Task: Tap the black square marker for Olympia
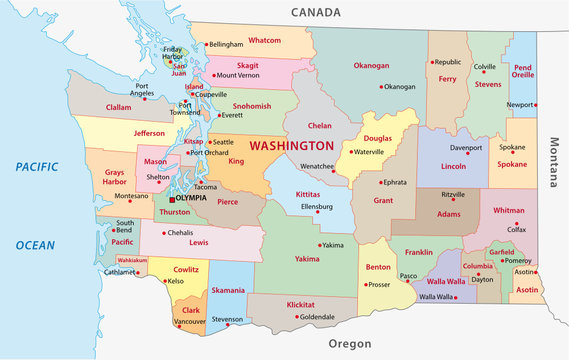pyautogui.click(x=171, y=199)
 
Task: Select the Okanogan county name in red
pyautogui.click(x=371, y=65)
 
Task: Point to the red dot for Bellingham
pyautogui.click(x=207, y=45)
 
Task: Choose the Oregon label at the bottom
pyautogui.click(x=350, y=344)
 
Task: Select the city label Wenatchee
pyautogui.click(x=318, y=166)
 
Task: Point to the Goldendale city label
pyautogui.click(x=318, y=317)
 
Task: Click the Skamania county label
pyautogui.click(x=228, y=289)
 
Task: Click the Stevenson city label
pyautogui.click(x=228, y=320)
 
